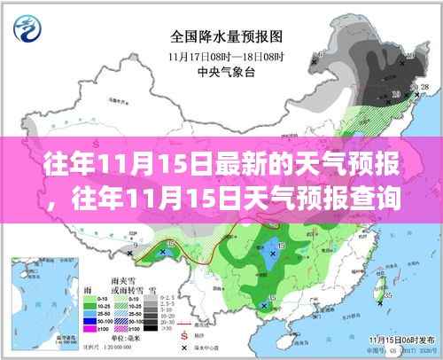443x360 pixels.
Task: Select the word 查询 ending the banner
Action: point(398,200)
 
